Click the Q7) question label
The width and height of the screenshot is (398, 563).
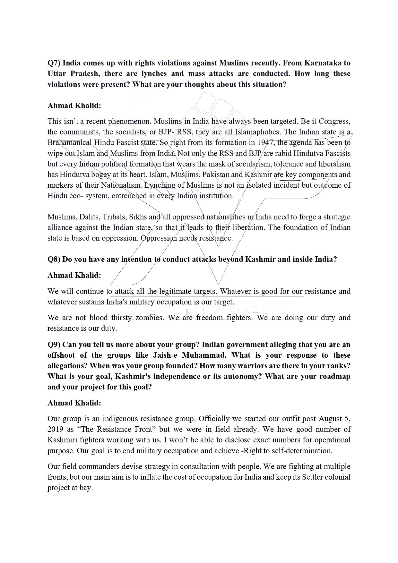[x=54, y=63]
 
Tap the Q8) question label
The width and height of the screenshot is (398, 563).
[x=54, y=259]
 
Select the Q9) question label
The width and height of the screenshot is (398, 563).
[x=54, y=345]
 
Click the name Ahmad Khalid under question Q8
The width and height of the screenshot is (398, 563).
[x=74, y=275]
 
